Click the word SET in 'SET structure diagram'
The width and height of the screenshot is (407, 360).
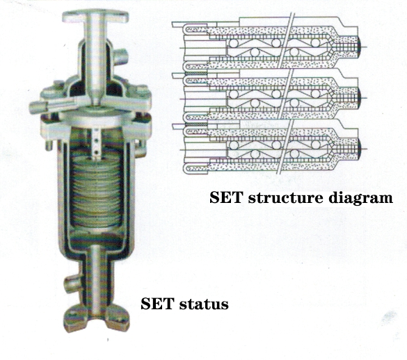225,197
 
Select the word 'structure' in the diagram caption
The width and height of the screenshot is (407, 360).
286,197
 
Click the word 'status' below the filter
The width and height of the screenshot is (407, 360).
204,304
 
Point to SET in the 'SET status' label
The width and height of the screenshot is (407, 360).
157,304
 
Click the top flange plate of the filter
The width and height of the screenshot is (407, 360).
95,17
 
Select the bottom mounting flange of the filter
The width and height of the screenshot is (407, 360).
97,318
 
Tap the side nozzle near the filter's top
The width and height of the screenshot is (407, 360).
120,57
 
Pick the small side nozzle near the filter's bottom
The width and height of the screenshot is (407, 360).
72,284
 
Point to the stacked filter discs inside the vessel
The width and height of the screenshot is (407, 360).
97,190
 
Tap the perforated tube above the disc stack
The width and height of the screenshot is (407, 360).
96,143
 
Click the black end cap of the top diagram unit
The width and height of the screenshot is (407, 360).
360,47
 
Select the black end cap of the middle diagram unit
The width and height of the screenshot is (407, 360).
360,98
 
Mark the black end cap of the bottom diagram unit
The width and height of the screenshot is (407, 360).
360,149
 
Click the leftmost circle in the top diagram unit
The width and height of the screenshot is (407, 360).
234,43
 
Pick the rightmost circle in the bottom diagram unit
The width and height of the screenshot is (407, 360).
316,145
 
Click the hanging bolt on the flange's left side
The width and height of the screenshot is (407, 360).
49,145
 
